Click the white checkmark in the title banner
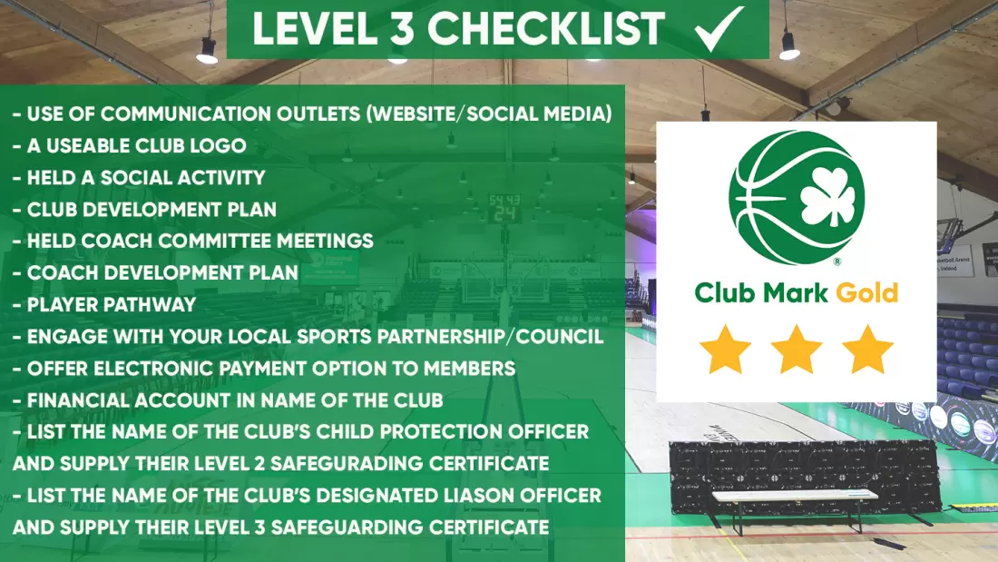tap(719, 29)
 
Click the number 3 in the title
tap(402, 29)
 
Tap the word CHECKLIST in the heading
tap(546, 29)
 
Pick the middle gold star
tap(797, 350)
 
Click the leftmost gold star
tap(725, 350)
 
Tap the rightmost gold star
tap(867, 350)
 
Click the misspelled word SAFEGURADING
tap(347, 463)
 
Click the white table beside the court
tap(795, 496)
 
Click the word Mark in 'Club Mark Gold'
tap(796, 292)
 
